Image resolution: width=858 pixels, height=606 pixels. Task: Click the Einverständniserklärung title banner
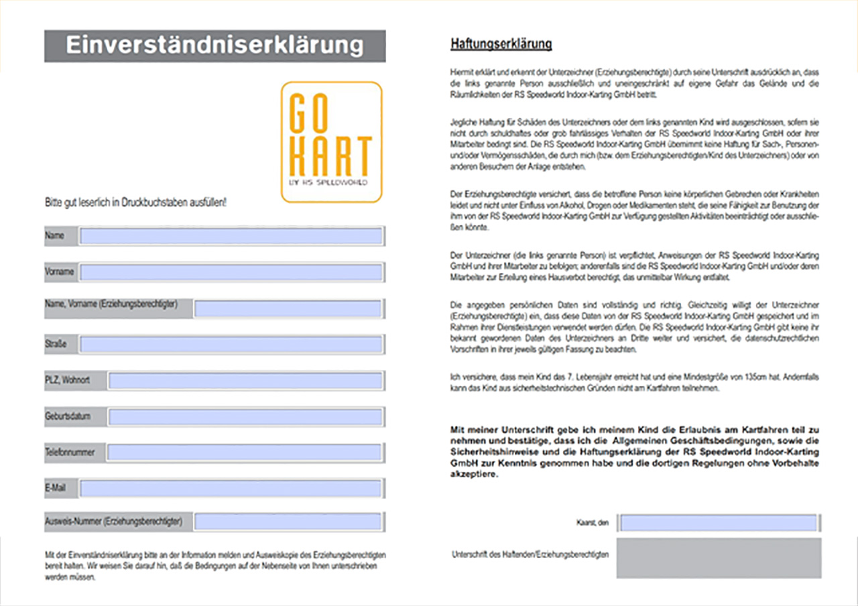click(214, 46)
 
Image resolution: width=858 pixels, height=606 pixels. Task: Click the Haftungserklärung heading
click(501, 45)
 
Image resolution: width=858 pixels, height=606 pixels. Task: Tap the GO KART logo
click(331, 141)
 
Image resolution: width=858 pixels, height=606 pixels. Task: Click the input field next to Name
click(231, 236)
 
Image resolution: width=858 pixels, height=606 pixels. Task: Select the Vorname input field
click(231, 272)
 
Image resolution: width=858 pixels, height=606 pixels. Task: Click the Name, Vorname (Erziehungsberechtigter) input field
click(288, 308)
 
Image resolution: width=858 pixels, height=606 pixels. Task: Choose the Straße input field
click(231, 345)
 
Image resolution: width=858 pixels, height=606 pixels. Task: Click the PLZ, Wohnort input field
click(245, 381)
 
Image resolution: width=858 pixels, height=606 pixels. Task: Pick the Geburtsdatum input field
click(245, 417)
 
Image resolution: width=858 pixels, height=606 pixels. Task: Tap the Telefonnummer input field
click(245, 452)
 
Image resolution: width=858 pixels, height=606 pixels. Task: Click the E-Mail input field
click(231, 489)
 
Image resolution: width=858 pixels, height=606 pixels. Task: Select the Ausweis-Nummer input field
click(288, 522)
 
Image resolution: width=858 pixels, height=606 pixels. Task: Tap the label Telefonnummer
click(70, 452)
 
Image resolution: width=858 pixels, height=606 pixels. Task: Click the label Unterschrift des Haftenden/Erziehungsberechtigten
click(530, 555)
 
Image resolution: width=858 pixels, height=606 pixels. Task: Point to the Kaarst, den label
click(592, 523)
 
